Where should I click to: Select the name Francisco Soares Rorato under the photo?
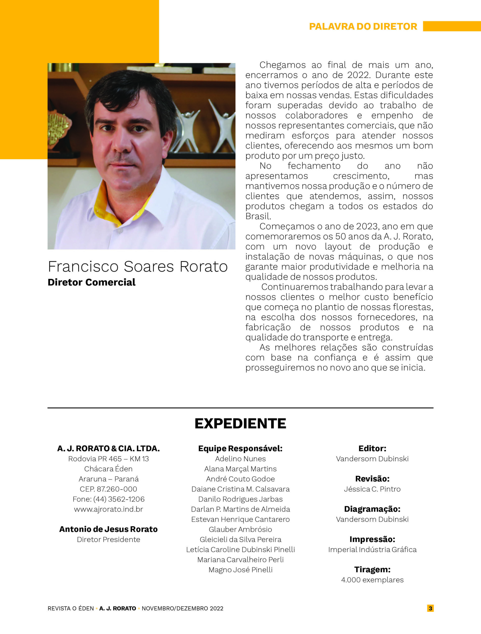[138, 266]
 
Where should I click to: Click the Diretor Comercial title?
[92, 282]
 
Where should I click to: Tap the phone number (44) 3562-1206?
[119, 499]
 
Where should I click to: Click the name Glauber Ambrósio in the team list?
[240, 529]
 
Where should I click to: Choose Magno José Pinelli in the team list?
[240, 570]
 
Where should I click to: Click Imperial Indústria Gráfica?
[372, 550]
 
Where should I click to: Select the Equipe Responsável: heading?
[240, 449]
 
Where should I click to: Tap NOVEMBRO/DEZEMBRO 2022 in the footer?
[182, 608]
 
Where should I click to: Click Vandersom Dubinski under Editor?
[372, 459]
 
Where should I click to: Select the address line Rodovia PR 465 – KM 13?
[109, 459]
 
